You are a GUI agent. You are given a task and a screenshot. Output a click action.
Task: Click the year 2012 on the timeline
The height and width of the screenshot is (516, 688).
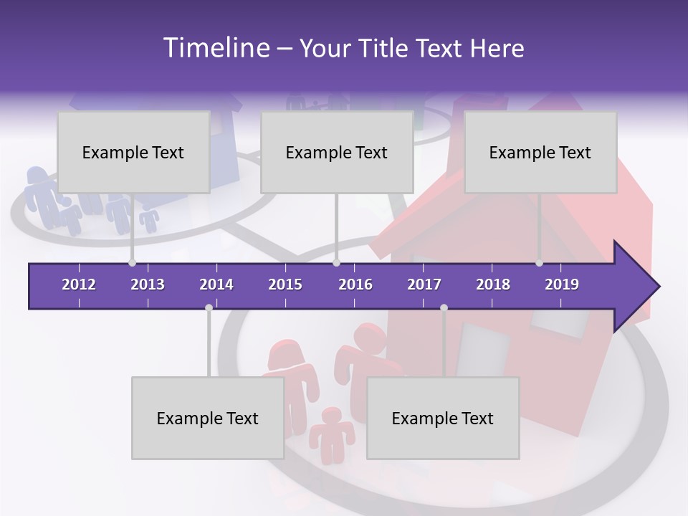79,285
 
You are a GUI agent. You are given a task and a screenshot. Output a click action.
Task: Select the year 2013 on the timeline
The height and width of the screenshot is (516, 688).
148,285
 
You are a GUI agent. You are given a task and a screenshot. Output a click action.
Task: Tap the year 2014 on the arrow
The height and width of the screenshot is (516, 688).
216,285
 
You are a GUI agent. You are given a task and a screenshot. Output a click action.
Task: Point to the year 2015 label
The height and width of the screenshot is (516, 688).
285,285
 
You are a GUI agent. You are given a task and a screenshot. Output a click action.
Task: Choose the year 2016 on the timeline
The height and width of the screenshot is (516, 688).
355,285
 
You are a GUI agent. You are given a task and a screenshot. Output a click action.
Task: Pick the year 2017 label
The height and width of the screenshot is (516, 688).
424,285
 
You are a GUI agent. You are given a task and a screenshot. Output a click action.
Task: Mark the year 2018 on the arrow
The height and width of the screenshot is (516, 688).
493,285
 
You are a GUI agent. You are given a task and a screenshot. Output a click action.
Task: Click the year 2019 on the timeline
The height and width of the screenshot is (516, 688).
562,285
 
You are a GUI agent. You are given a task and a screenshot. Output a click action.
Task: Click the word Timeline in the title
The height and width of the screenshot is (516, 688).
215,48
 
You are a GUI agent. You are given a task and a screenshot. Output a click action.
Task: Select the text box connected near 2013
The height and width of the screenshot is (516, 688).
133,152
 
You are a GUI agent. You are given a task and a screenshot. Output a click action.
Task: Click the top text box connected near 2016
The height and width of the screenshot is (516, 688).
337,152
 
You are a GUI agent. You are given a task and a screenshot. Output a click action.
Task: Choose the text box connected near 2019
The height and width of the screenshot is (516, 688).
540,152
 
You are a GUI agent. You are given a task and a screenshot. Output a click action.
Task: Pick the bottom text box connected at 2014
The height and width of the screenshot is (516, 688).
208,418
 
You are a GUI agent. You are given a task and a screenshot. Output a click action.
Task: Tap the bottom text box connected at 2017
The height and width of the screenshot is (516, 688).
443,418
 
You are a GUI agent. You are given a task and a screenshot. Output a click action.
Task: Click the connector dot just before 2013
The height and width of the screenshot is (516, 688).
132,263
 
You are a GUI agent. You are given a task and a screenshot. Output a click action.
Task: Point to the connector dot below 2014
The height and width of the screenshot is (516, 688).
209,308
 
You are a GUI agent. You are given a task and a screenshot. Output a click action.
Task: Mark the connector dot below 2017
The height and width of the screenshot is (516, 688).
444,308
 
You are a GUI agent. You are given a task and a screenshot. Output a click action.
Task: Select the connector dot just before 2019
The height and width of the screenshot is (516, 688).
540,263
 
